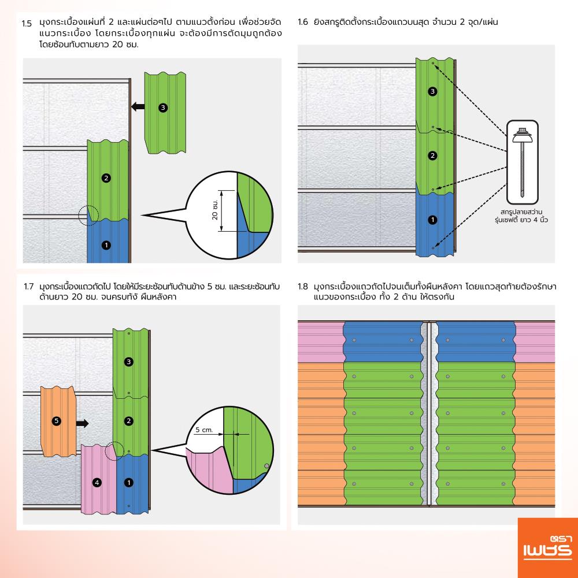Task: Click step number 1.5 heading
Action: [26, 24]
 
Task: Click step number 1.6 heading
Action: [302, 24]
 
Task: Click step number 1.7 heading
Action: [28, 287]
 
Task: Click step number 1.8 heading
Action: [303, 287]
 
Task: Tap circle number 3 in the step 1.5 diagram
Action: [163, 108]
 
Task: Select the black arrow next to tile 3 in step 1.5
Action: [138, 106]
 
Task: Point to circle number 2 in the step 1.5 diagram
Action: [106, 178]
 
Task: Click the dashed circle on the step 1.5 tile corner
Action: [88, 216]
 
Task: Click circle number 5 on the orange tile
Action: [56, 421]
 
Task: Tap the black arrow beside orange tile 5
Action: [83, 423]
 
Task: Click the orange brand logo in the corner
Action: [546, 546]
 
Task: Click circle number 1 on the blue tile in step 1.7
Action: [128, 481]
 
